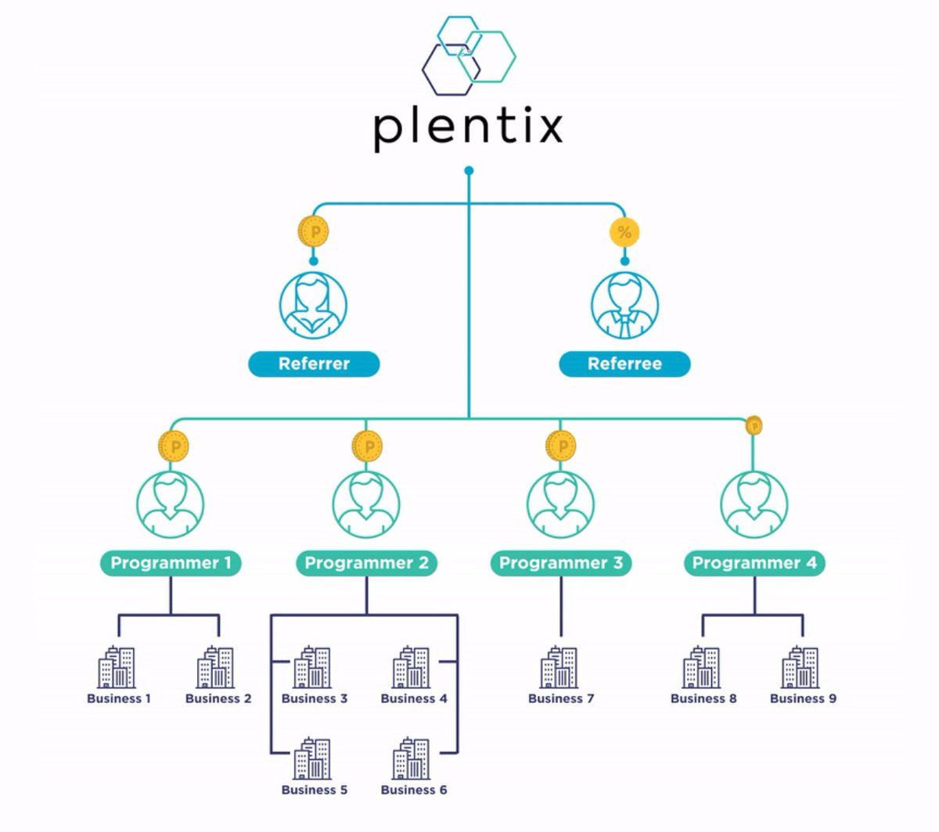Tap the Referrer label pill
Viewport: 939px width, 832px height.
[314, 364]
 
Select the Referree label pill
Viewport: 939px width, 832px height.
[624, 364]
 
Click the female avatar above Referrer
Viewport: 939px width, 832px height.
[313, 305]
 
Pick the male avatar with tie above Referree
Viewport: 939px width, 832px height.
[624, 305]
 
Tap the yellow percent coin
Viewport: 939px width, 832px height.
[624, 232]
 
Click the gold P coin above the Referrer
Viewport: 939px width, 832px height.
[314, 231]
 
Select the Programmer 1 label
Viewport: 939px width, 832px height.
[171, 563]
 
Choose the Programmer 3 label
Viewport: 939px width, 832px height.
[561, 563]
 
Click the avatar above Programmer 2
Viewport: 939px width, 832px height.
[366, 504]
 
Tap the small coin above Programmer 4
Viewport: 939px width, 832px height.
[754, 425]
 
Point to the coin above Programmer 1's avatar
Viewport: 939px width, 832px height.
[174, 446]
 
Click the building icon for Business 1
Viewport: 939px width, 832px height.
[117, 667]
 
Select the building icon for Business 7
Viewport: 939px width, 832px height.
[559, 667]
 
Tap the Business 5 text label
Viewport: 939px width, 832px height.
[315, 790]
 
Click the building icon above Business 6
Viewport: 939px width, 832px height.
[411, 758]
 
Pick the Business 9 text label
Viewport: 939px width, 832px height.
[803, 698]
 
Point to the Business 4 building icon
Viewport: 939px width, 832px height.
[411, 667]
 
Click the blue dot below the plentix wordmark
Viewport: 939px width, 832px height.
[469, 170]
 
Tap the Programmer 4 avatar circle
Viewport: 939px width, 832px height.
[754, 504]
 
